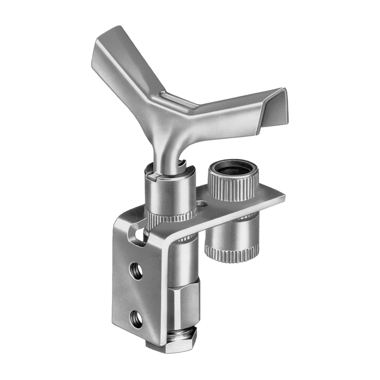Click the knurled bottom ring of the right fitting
(231, 254)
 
